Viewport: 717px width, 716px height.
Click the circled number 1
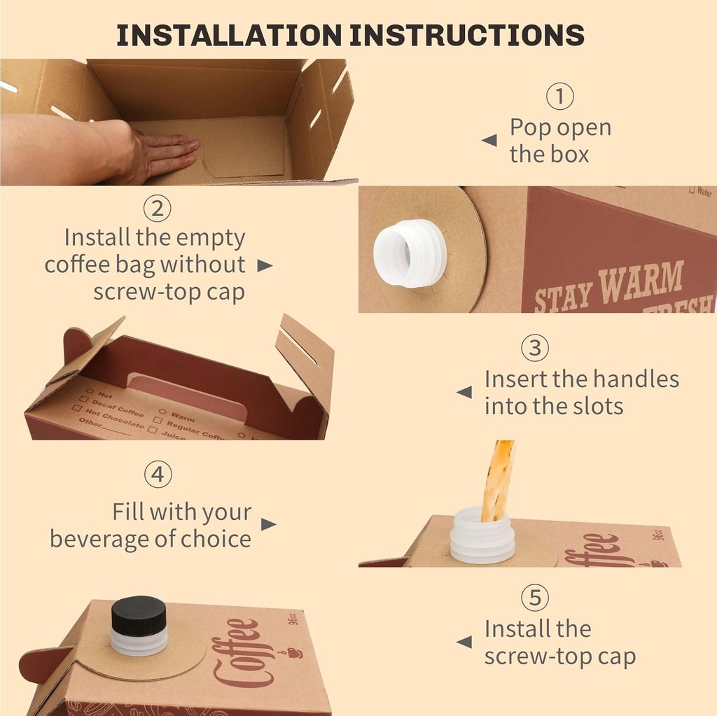559,97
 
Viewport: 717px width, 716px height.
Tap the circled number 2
158,208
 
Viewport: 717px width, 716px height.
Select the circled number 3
535,348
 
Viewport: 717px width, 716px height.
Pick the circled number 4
158,475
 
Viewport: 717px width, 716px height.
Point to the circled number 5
535,598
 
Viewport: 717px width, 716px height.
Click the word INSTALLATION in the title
229,35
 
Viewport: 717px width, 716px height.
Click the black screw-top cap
139,615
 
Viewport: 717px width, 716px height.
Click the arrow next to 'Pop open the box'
489,141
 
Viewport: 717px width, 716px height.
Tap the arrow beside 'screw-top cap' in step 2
264,265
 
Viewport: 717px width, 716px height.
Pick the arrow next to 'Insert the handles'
464,393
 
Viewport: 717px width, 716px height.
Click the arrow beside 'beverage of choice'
268,524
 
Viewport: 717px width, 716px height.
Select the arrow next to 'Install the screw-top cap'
464,642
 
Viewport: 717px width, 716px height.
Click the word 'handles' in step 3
634,379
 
